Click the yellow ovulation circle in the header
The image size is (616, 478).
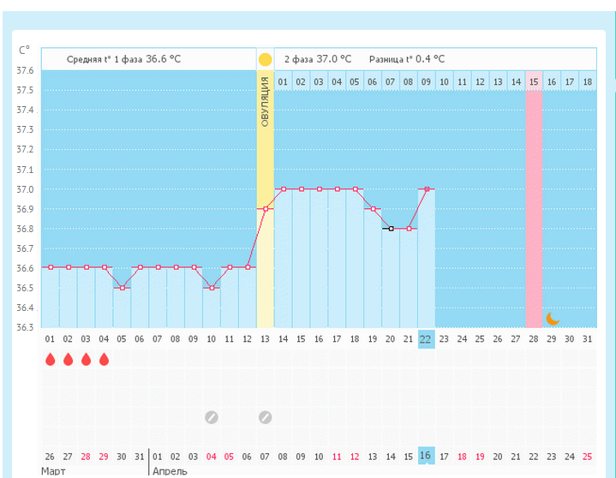tap(265, 59)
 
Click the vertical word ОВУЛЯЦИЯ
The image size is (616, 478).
tap(266, 101)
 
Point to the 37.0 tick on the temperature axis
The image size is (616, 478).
tap(26, 189)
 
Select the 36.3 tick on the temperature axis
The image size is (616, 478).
tap(26, 328)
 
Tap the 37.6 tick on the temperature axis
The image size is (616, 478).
tap(26, 70)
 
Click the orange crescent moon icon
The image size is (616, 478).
tap(553, 319)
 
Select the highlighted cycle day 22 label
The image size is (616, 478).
tap(426, 339)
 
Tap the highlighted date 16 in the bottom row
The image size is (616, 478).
tap(426, 456)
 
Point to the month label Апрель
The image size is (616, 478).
tap(170, 471)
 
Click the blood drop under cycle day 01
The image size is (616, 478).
tap(51, 359)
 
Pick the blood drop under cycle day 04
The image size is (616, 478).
tap(105, 359)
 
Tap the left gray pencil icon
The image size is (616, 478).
tap(212, 417)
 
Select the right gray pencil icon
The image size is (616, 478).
tap(266, 417)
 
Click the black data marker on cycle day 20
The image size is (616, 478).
tap(391, 229)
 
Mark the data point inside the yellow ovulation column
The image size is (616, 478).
tap(266, 209)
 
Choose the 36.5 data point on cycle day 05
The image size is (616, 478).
tap(123, 288)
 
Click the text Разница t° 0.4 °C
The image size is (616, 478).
tap(407, 59)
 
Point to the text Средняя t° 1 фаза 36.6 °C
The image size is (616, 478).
tap(124, 59)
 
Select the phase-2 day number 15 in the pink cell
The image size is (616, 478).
tap(534, 81)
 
